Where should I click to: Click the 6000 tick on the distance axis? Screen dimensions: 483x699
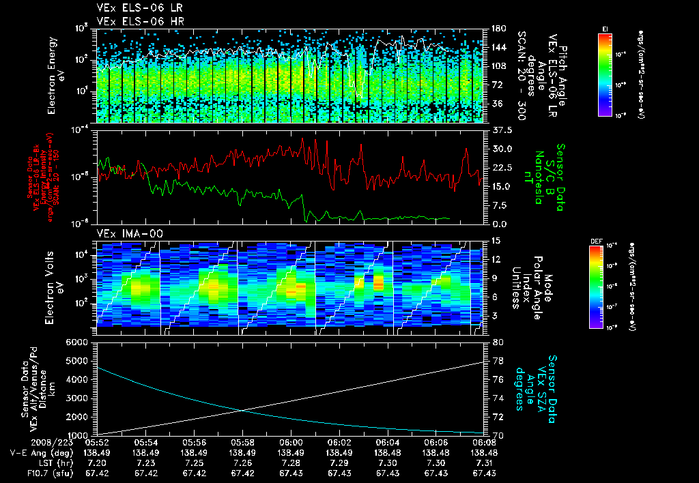click(x=78, y=342)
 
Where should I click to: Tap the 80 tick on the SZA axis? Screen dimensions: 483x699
click(x=498, y=342)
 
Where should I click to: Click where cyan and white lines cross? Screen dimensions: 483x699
click(x=243, y=409)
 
